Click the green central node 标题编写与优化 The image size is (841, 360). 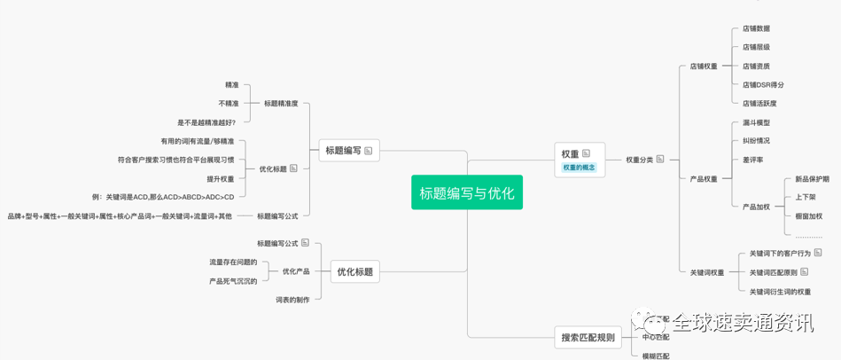466,192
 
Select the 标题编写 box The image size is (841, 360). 349,151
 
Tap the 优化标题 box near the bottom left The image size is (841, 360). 354,272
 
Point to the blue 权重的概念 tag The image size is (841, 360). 580,168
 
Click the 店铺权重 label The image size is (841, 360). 704,67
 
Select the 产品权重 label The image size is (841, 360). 704,179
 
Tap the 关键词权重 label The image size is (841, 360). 706,272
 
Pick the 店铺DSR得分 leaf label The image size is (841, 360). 763,85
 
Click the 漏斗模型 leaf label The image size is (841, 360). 756,122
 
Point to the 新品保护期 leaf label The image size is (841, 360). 812,179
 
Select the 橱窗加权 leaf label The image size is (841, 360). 808,216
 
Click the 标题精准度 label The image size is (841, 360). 281,104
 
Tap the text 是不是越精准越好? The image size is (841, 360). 206,122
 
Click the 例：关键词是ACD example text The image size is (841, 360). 163,197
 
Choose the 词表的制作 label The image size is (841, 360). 292,300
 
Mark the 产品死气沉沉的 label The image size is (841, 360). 233,281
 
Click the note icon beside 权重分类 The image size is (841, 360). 660,160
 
